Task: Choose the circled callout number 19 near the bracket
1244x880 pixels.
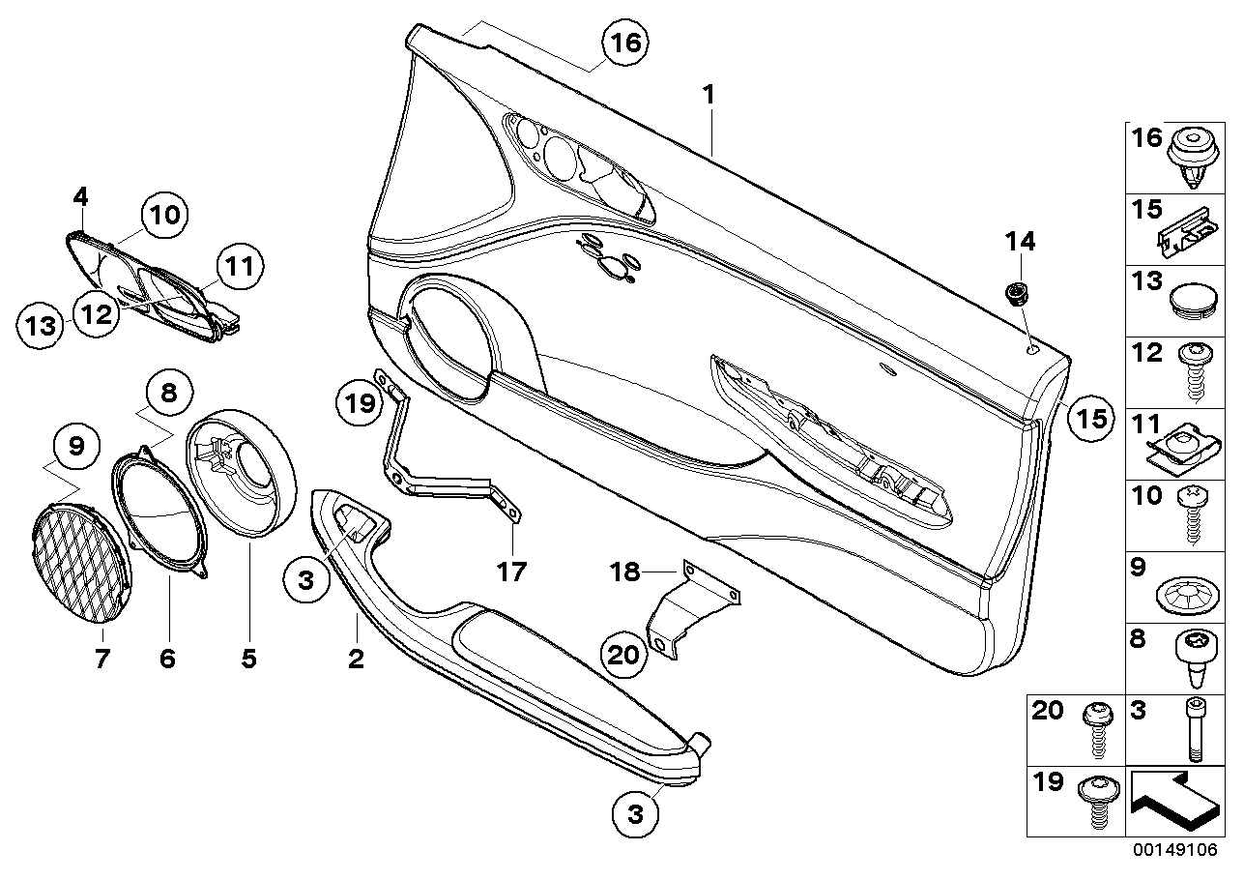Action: coord(360,403)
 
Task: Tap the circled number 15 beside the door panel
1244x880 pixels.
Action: coord(1089,419)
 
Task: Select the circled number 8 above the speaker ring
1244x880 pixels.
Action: coord(169,393)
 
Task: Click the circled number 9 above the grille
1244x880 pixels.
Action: coord(76,447)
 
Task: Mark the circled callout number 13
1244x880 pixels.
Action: coord(40,325)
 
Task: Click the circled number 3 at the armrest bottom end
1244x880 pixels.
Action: coord(636,815)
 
